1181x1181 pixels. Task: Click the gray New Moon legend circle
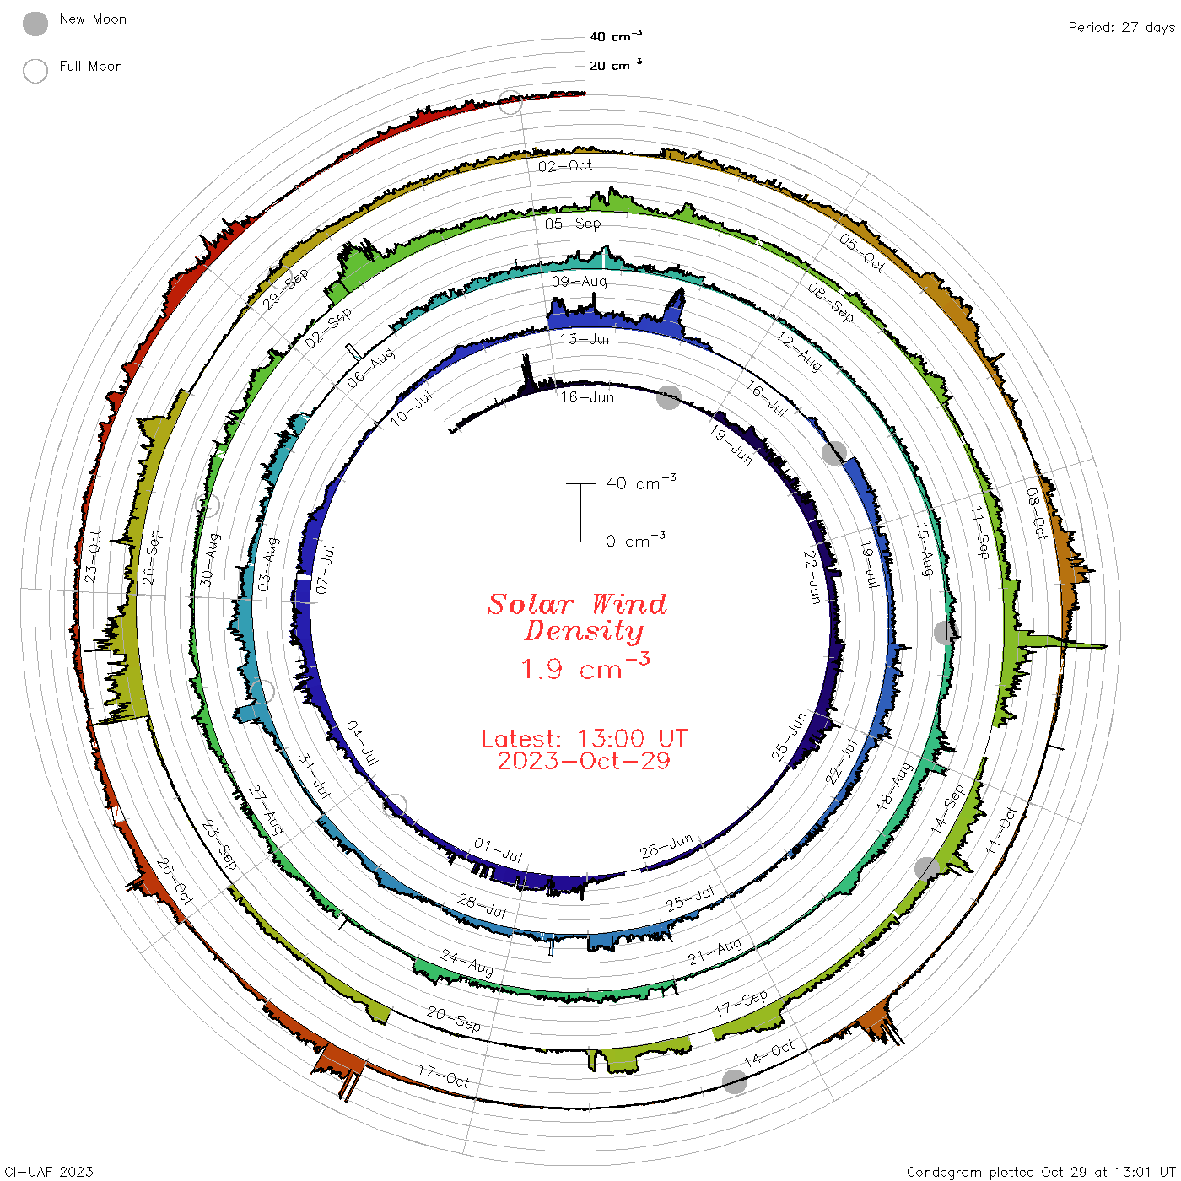point(35,24)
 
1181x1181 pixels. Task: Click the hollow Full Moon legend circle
point(35,71)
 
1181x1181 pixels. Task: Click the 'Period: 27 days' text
point(1121,28)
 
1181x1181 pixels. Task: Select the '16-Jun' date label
point(586,397)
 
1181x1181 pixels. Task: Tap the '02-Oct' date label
point(564,165)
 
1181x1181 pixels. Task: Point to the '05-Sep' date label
point(573,224)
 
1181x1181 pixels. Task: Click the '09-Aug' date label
point(579,281)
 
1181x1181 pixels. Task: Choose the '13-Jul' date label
point(584,339)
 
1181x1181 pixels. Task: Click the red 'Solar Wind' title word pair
point(577,604)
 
